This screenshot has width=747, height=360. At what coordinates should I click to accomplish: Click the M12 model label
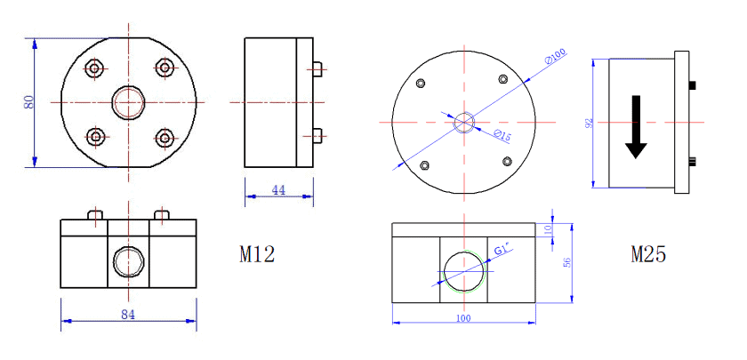click(x=257, y=254)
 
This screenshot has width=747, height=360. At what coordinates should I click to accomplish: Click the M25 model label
click(x=648, y=255)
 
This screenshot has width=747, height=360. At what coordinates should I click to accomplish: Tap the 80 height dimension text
click(x=28, y=102)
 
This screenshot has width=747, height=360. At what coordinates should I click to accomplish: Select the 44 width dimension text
click(x=278, y=189)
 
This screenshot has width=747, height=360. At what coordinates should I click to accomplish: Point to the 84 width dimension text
click(x=128, y=313)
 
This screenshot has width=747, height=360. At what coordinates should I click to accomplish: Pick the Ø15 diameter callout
click(x=502, y=135)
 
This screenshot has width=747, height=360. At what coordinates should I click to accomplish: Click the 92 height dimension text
click(x=588, y=124)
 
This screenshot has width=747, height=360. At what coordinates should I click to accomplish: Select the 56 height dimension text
click(x=566, y=262)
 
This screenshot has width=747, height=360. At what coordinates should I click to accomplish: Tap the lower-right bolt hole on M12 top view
click(x=164, y=137)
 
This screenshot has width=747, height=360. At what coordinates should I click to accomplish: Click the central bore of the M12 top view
click(x=129, y=102)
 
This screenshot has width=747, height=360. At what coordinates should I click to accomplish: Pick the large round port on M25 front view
click(x=463, y=270)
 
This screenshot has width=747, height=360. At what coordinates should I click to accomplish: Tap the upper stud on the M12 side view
click(x=317, y=68)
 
